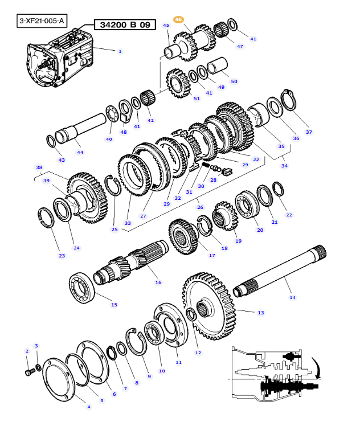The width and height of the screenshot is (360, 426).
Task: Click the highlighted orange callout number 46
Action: tap(179, 20)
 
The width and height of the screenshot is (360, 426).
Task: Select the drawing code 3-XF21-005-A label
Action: tap(42, 22)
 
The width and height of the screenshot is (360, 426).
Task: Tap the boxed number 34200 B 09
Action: tap(117, 25)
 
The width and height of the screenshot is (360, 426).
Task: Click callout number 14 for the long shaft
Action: tap(292, 297)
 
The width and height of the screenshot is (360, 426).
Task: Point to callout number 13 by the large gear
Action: tap(260, 312)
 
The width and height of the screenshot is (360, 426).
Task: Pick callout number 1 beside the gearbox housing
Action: tap(120, 52)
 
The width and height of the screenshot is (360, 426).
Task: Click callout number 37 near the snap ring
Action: tap(309, 132)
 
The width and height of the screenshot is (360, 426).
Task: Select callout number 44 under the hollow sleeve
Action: tap(80, 152)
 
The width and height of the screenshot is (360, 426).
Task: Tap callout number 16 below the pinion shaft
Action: tap(158, 282)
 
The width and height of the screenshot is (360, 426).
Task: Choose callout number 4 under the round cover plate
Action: tap(88, 406)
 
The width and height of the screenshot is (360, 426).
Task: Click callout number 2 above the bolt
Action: tap(27, 351)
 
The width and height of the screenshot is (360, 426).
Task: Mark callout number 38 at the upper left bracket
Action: tap(39, 168)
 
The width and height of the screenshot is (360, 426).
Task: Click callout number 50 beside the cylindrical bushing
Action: tap(234, 81)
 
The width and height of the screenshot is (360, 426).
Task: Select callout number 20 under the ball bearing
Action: tap(260, 230)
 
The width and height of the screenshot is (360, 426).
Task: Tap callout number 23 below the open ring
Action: tap(62, 256)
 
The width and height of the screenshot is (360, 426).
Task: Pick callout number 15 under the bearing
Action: tap(114, 305)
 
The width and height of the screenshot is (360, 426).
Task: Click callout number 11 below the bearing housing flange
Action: tap(178, 362)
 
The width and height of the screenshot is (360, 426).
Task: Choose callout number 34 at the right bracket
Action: tap(284, 166)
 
